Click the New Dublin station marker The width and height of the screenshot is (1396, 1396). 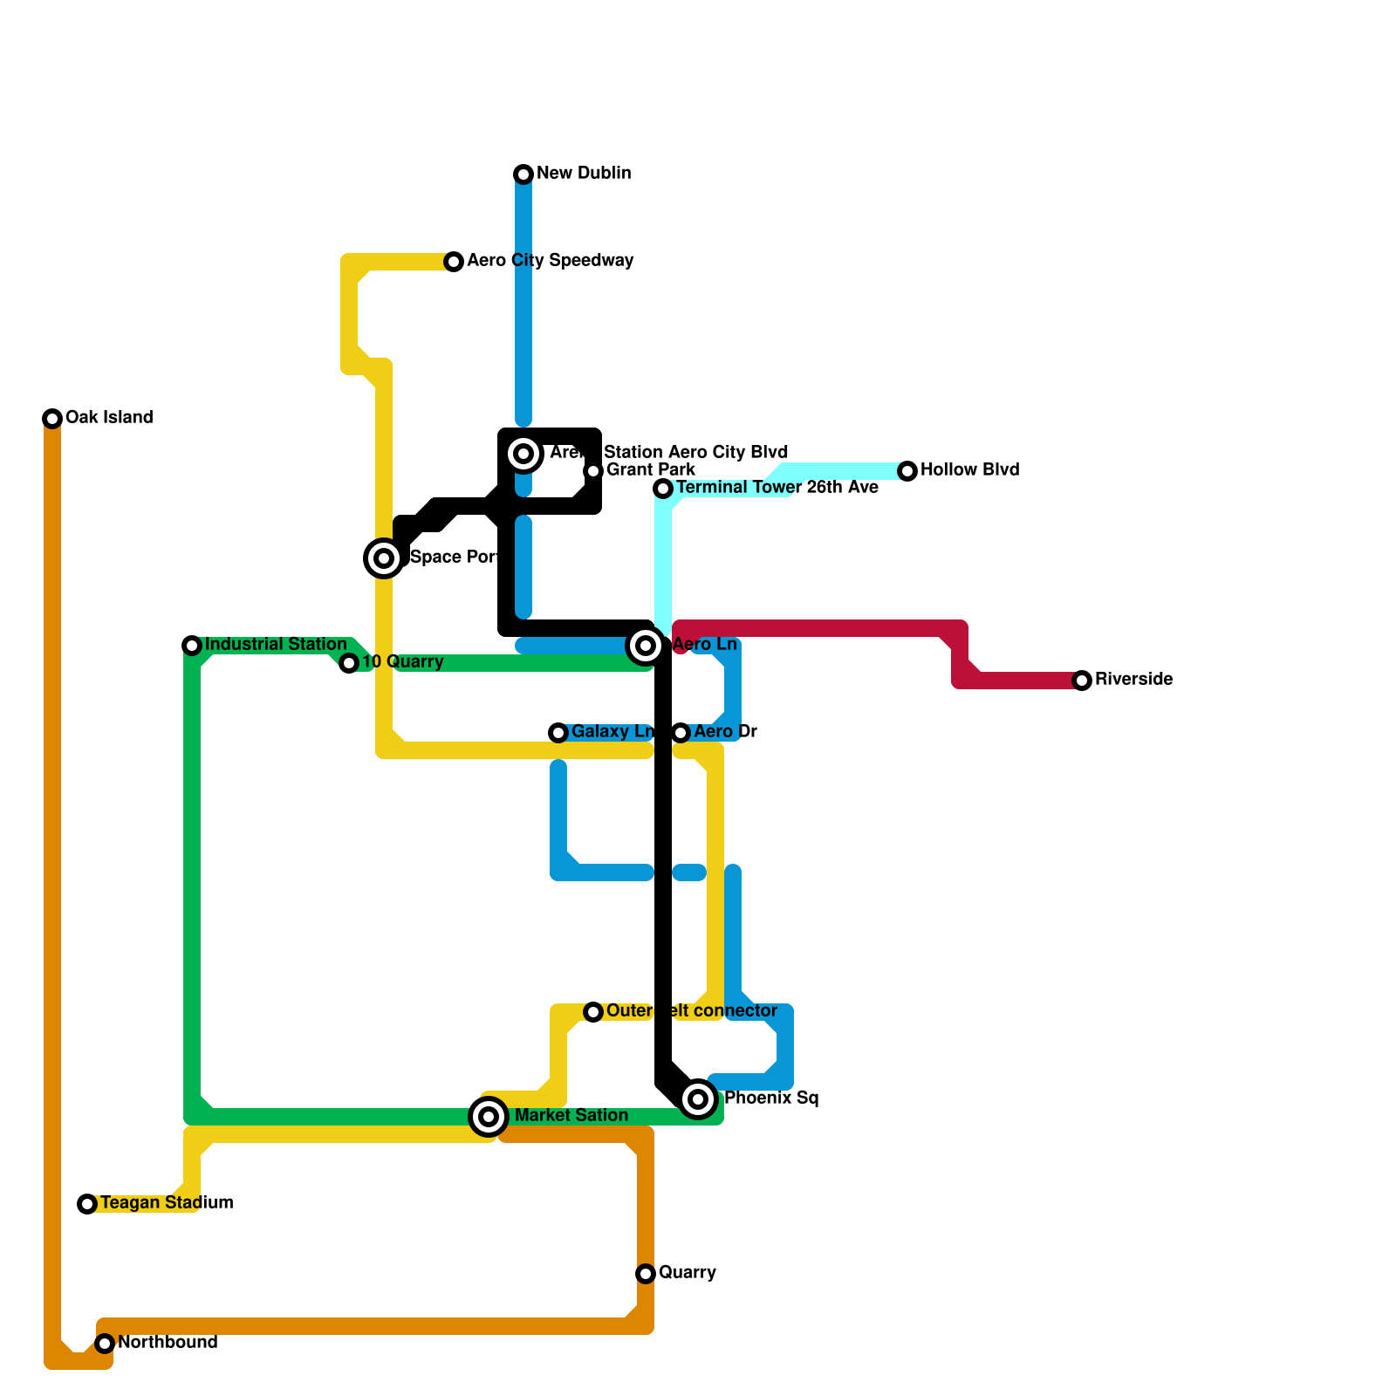523,174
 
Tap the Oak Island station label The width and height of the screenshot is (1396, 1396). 109,418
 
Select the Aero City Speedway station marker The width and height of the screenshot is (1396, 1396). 454,262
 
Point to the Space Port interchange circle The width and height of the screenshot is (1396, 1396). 384,558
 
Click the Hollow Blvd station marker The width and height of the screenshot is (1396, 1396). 907,471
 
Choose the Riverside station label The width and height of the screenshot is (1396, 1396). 1133,680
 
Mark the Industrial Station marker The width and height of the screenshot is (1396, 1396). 192,646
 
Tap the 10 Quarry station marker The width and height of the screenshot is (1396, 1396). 349,663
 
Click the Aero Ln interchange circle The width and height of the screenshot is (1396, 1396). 646,646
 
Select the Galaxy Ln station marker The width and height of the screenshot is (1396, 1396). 558,733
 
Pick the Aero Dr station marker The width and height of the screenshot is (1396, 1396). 681,733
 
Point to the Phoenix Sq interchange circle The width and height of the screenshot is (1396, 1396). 698,1099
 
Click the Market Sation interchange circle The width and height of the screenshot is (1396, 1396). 489,1117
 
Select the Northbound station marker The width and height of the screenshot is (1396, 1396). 105,1344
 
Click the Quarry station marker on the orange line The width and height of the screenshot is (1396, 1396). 646,1274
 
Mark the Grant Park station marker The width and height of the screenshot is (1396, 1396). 593,471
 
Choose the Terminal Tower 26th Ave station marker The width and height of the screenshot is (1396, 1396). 663,489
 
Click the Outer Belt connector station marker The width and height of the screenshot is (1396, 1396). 593,1012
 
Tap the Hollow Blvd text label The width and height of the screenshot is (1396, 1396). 969,470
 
